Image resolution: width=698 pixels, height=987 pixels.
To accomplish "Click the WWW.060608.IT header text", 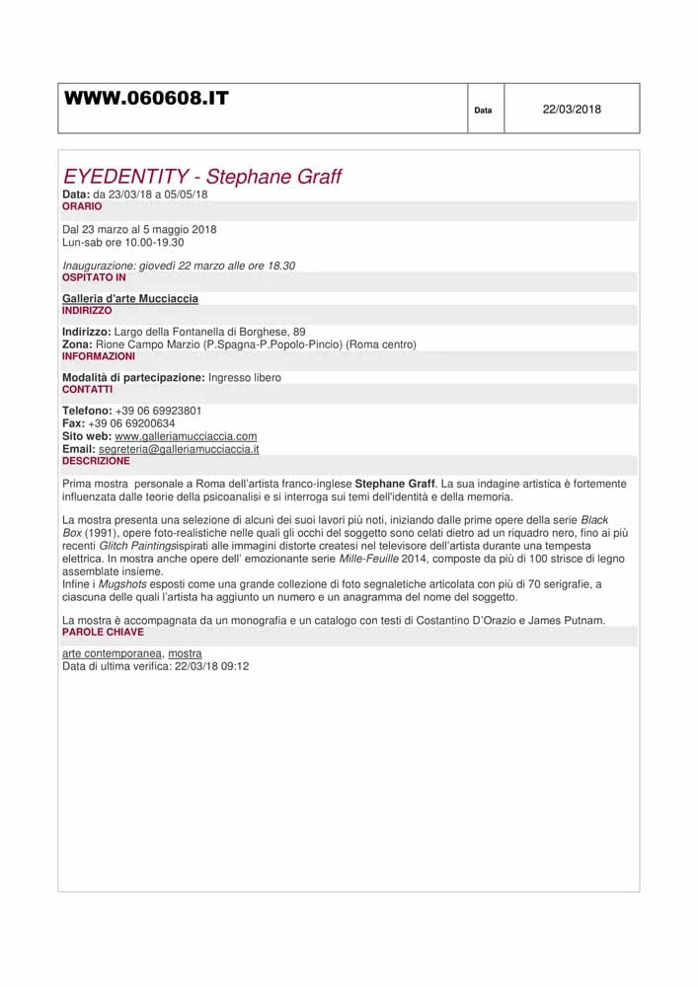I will [146, 98].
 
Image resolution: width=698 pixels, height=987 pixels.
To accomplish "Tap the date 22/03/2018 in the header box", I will [572, 110].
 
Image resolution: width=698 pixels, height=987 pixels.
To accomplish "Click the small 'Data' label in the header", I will [483, 111].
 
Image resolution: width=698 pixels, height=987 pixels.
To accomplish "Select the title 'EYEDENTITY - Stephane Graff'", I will [202, 177].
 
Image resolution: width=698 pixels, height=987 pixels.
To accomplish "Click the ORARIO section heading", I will [82, 206].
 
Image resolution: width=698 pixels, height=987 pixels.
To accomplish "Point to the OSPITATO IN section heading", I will [94, 277].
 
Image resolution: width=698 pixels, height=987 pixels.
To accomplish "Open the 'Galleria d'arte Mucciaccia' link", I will [130, 298].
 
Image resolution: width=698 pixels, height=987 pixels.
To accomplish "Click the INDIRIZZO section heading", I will [87, 310].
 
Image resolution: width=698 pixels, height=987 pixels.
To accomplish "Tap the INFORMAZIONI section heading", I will [99, 356].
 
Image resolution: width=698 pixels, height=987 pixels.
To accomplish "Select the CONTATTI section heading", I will [88, 389].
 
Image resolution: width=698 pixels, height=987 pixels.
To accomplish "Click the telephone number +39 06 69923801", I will [159, 411].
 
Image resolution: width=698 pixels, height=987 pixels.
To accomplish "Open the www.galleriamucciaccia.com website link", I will [186, 436].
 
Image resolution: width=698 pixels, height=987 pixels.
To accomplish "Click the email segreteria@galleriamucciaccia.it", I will [179, 449].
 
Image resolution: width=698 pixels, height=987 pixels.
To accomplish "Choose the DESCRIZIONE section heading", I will [96, 461].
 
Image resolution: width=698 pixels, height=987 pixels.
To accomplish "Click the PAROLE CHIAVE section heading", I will [103, 632].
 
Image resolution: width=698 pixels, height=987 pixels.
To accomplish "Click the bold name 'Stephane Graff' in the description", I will [395, 485].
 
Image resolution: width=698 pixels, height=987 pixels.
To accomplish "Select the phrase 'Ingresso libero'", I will [245, 378].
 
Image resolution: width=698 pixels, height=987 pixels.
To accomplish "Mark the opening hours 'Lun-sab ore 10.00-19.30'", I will [123, 242].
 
